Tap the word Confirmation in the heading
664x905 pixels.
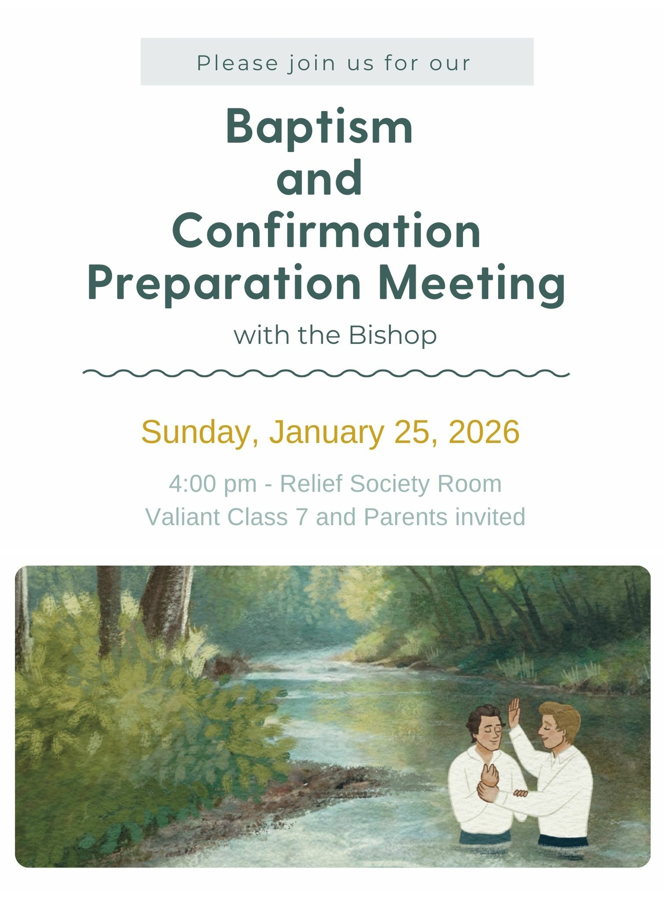click(326, 230)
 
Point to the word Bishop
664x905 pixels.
click(392, 335)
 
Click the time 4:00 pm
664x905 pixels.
click(213, 484)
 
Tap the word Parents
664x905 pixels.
click(406, 517)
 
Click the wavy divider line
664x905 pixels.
click(326, 373)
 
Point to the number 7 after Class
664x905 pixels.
click(302, 517)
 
